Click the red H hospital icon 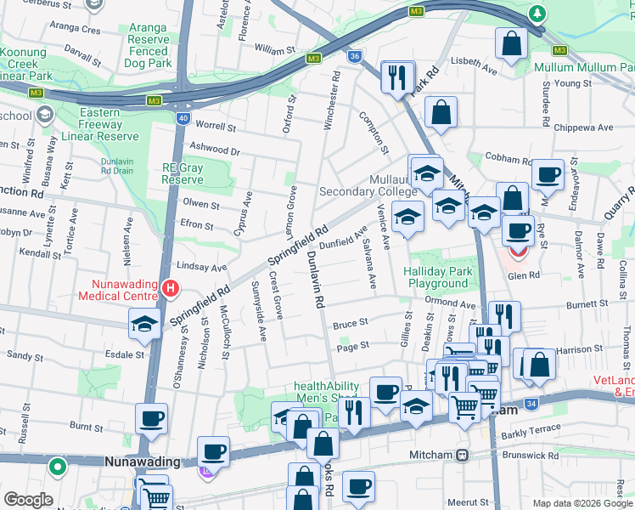pos(171,288)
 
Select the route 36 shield pos(354,56)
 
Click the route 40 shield pos(183,118)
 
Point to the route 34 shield pos(531,403)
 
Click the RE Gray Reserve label pos(183,173)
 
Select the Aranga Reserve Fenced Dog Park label pos(149,45)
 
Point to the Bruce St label pos(350,324)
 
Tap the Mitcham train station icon pos(462,456)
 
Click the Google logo pos(28,500)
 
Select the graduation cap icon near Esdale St pos(145,324)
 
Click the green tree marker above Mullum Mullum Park pos(537,14)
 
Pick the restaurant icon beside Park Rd pos(397,77)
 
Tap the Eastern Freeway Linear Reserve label pos(108,124)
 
